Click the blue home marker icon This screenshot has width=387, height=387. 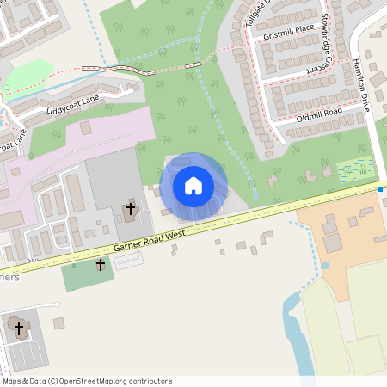coord(193,185)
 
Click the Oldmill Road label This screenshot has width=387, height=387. coord(319,113)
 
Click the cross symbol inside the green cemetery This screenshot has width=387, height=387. coord(100,267)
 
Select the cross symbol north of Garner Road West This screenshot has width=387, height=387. coord(131,208)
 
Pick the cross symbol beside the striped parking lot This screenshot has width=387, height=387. coord(18,328)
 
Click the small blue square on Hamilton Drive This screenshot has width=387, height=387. coord(379,188)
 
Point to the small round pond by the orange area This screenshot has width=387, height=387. coord(325,266)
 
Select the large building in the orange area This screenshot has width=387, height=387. coord(331,225)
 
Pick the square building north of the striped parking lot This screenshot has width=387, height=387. coord(58,323)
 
